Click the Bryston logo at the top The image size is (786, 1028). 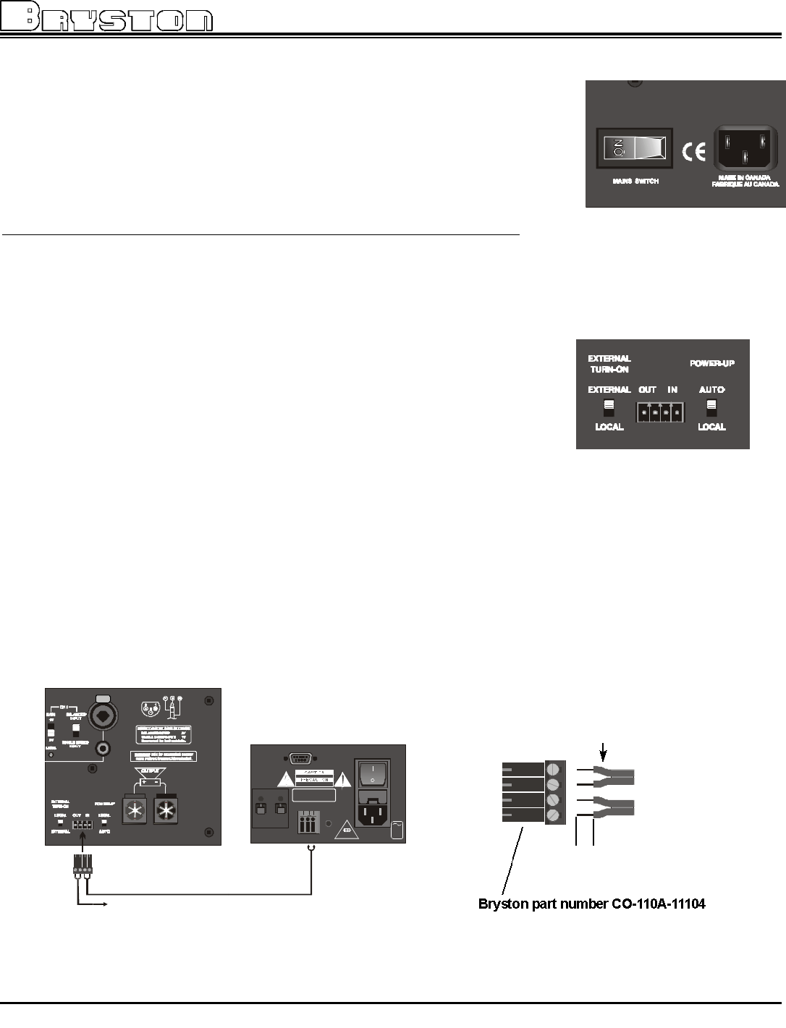click(107, 17)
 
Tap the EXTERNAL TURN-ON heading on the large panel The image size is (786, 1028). click(609, 363)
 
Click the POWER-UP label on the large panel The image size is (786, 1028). click(712, 363)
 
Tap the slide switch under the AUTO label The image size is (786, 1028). click(711, 407)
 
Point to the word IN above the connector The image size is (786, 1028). click(672, 390)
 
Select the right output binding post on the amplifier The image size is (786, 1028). click(167, 811)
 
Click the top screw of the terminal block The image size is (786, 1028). click(555, 768)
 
